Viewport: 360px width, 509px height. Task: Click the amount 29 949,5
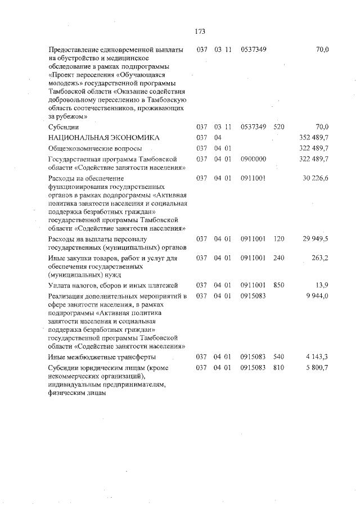316,239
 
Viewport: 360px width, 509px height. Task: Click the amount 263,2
319,258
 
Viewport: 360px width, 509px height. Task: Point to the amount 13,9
322,286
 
